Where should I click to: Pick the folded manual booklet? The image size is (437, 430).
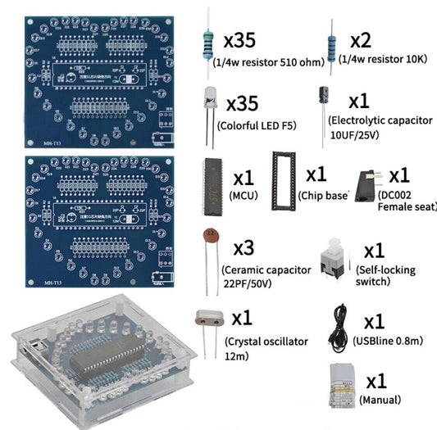(x=341, y=382)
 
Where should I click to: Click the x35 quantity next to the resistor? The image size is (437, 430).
(x=250, y=40)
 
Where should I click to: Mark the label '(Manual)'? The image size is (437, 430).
(x=381, y=401)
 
